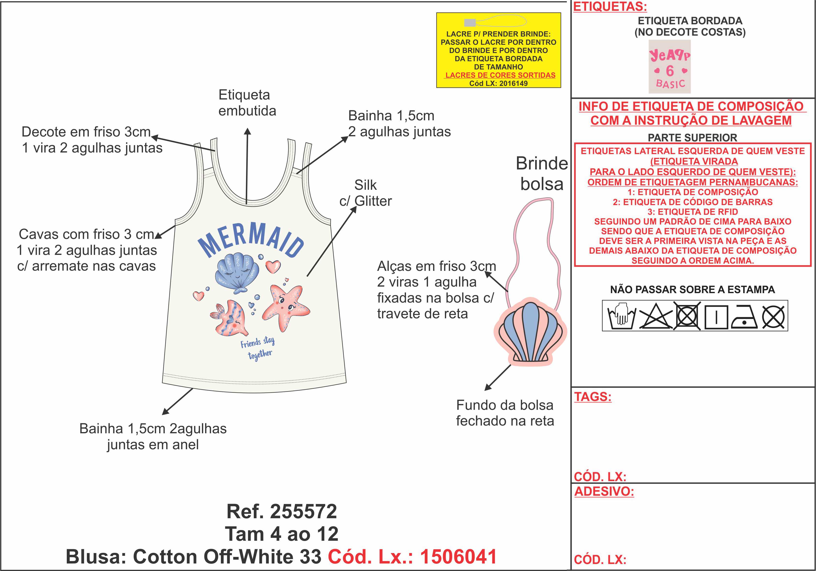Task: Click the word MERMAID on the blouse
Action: point(251,239)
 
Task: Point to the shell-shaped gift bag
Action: point(530,332)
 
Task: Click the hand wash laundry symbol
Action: point(621,316)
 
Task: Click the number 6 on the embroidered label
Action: point(670,71)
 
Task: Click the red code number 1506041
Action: point(458,556)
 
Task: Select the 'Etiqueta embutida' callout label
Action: point(247,103)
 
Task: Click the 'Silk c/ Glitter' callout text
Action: point(365,193)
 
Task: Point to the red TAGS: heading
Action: point(593,397)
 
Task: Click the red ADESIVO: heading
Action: point(604,491)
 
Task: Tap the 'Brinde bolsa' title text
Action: point(542,174)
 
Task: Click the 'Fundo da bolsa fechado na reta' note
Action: point(505,413)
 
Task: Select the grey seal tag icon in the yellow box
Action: point(470,23)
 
